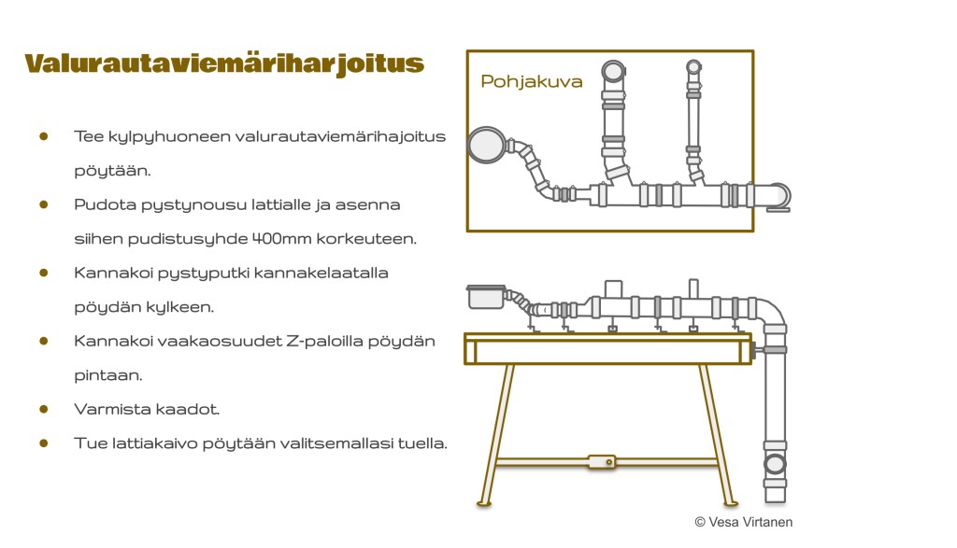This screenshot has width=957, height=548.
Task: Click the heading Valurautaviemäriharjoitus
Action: (x=224, y=63)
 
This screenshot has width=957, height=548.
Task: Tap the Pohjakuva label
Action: (x=531, y=81)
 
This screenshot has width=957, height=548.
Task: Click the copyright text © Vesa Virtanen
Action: (x=743, y=522)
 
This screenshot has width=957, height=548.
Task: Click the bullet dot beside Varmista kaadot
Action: (x=43, y=409)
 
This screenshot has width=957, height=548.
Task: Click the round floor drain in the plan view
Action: (x=485, y=145)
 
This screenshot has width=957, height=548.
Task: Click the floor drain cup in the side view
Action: (x=485, y=297)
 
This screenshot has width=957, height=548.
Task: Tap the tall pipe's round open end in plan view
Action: (x=613, y=72)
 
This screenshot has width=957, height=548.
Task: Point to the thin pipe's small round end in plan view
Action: (x=693, y=67)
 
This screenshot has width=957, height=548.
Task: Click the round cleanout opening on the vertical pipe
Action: (x=775, y=464)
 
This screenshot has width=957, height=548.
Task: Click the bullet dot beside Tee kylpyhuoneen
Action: (x=43, y=136)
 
